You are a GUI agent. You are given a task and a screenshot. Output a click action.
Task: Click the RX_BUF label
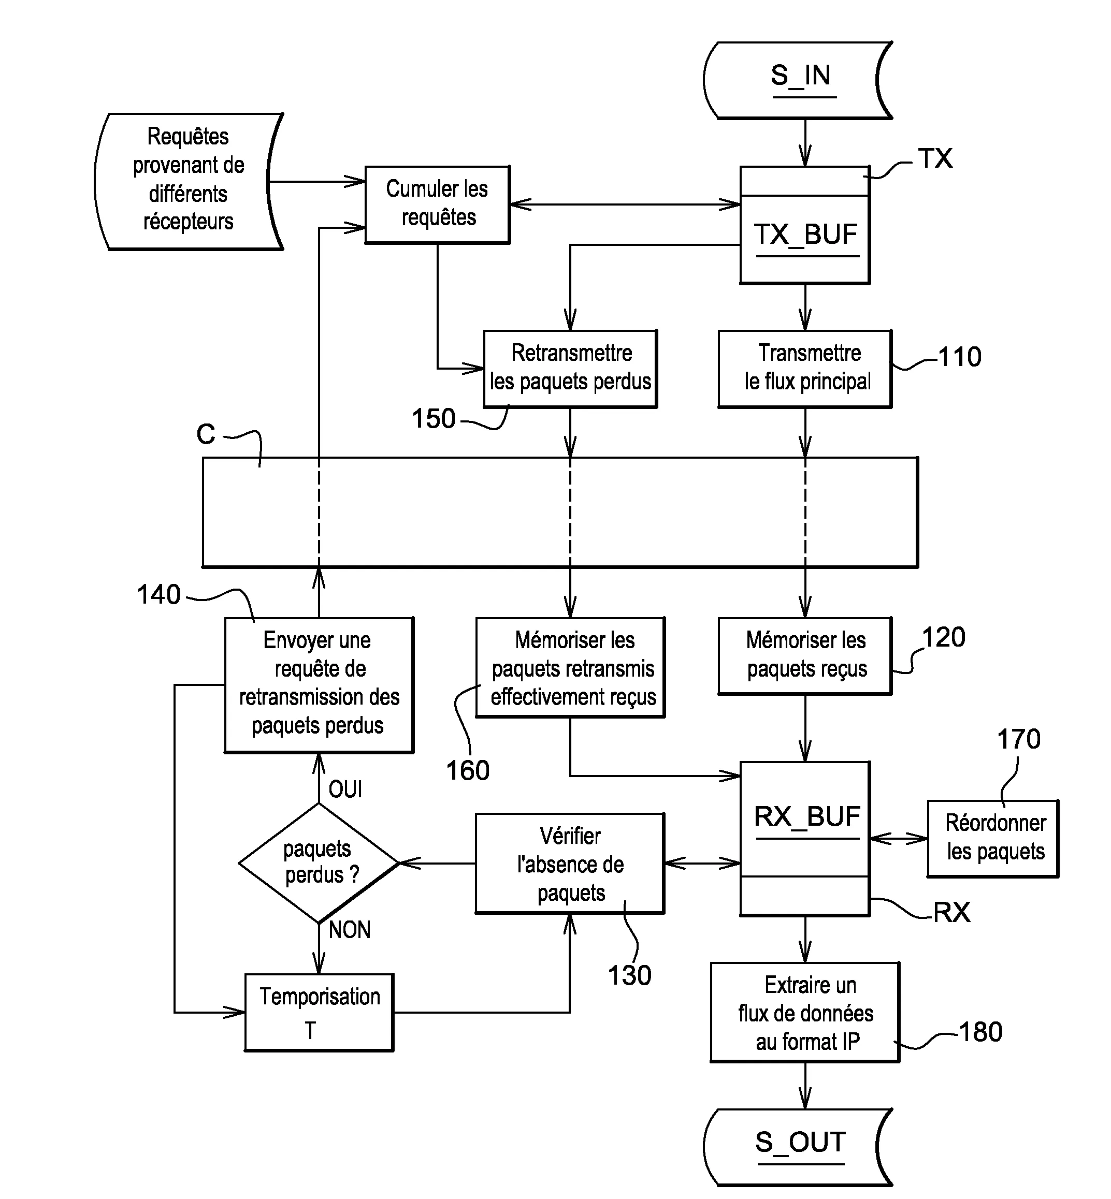click(806, 817)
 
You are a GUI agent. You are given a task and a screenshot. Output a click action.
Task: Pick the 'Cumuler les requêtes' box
click(437, 204)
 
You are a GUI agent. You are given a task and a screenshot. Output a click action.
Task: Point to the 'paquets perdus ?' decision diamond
click(319, 863)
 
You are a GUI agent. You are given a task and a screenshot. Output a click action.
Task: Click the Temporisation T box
click(319, 1012)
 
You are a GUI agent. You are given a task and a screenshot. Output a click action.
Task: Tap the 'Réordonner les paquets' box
click(993, 838)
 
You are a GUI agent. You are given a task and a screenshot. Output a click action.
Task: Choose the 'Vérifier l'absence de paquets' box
click(570, 863)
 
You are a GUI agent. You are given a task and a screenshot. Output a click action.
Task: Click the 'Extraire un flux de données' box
click(805, 1013)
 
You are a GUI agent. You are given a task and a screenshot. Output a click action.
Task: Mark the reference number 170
click(1018, 739)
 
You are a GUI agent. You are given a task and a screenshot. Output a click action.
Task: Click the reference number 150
click(434, 419)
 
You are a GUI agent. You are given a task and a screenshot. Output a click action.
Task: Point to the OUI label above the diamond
click(345, 789)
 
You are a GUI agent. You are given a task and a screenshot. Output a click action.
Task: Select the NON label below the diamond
click(349, 930)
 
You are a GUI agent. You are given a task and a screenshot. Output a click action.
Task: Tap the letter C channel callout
click(206, 434)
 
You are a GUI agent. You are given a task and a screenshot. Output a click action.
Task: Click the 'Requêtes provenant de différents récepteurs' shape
click(188, 180)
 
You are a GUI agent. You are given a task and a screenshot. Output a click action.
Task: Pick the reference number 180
click(980, 1032)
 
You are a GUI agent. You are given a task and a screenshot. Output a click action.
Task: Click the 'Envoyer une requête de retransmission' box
click(319, 684)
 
